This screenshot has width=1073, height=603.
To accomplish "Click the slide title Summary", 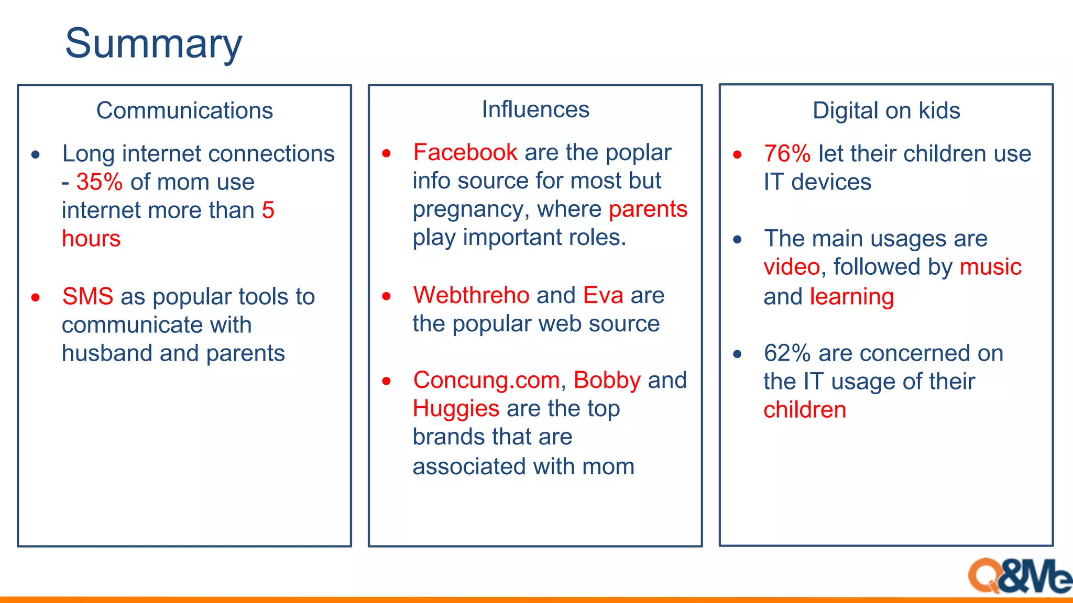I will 154,44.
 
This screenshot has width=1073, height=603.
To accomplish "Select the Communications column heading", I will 184,110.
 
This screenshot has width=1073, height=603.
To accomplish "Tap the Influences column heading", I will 535,109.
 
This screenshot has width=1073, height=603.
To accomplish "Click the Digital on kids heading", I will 886,110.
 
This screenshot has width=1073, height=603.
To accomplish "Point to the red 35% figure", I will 100,182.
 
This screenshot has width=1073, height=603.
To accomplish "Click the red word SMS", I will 87,296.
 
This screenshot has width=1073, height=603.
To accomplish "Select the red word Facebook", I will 465,153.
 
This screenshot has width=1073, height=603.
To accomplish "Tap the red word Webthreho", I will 471,295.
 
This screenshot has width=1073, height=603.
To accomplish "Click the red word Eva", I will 603,295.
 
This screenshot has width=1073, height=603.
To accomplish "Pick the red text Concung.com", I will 486,380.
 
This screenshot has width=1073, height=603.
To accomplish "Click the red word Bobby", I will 607,380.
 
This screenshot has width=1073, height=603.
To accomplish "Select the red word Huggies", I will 456,408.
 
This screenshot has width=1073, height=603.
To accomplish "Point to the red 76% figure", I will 787,154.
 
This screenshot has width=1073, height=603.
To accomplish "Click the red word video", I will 791,267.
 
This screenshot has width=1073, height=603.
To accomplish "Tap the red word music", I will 990,267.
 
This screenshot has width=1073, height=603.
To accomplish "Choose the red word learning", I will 851,297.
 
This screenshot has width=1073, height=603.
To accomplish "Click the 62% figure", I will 787,353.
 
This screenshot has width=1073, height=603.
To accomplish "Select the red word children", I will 804,410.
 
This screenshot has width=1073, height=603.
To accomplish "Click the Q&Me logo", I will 1019,576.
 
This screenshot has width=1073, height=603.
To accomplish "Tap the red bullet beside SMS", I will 36,297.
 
